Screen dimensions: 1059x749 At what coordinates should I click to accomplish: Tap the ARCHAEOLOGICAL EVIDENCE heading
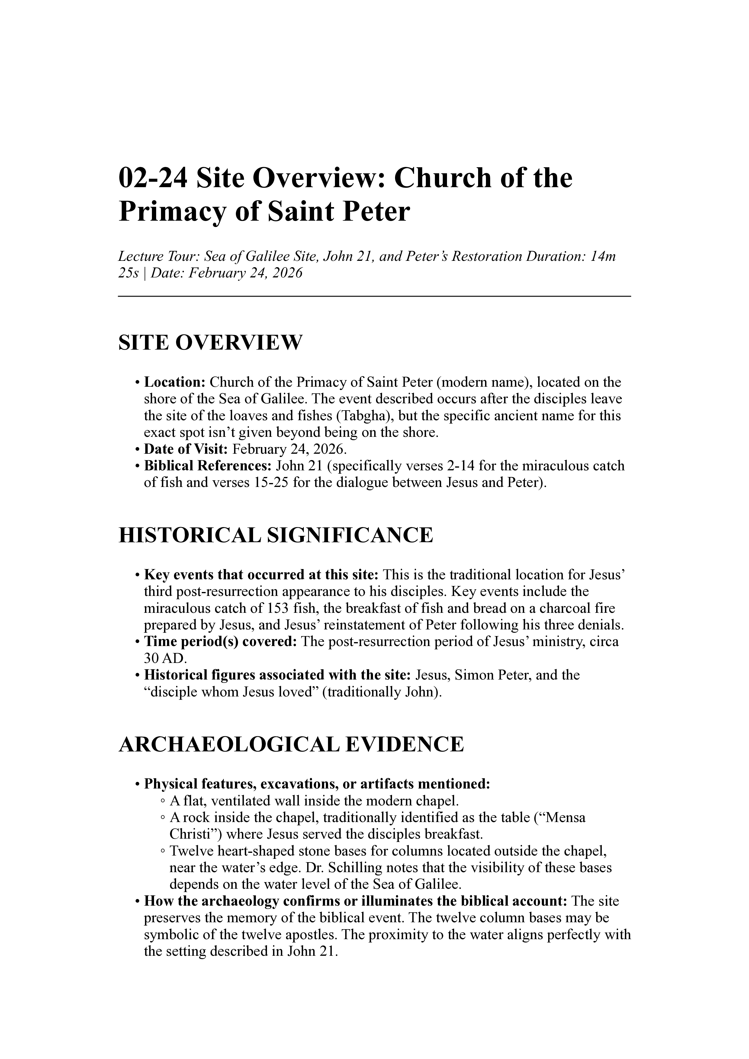pyautogui.click(x=291, y=744)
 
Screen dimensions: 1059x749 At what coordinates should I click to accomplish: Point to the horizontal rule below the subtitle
pyautogui.click(x=374, y=296)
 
